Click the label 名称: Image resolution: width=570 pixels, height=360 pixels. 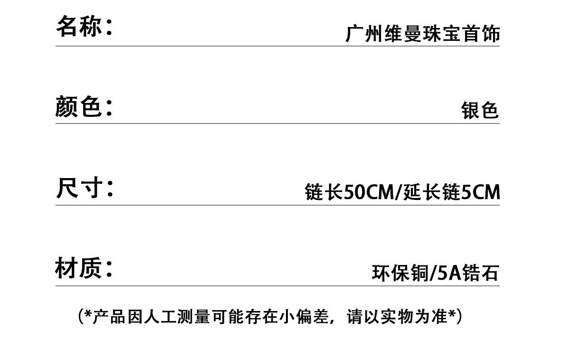(x=84, y=26)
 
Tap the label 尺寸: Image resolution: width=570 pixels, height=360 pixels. (x=84, y=188)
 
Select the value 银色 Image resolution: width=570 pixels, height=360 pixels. (x=480, y=111)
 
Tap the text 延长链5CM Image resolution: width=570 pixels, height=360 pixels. (x=452, y=192)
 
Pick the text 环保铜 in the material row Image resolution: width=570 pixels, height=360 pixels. (x=400, y=274)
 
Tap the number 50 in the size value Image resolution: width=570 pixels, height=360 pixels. (x=353, y=192)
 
